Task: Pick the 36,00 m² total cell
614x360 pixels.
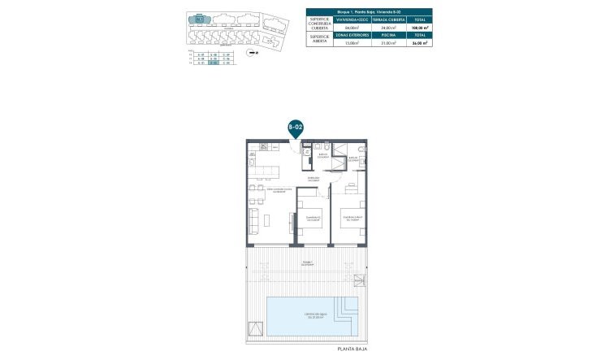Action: click(x=420, y=45)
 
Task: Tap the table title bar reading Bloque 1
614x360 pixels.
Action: click(x=369, y=11)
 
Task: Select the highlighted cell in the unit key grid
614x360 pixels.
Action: click(x=213, y=64)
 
